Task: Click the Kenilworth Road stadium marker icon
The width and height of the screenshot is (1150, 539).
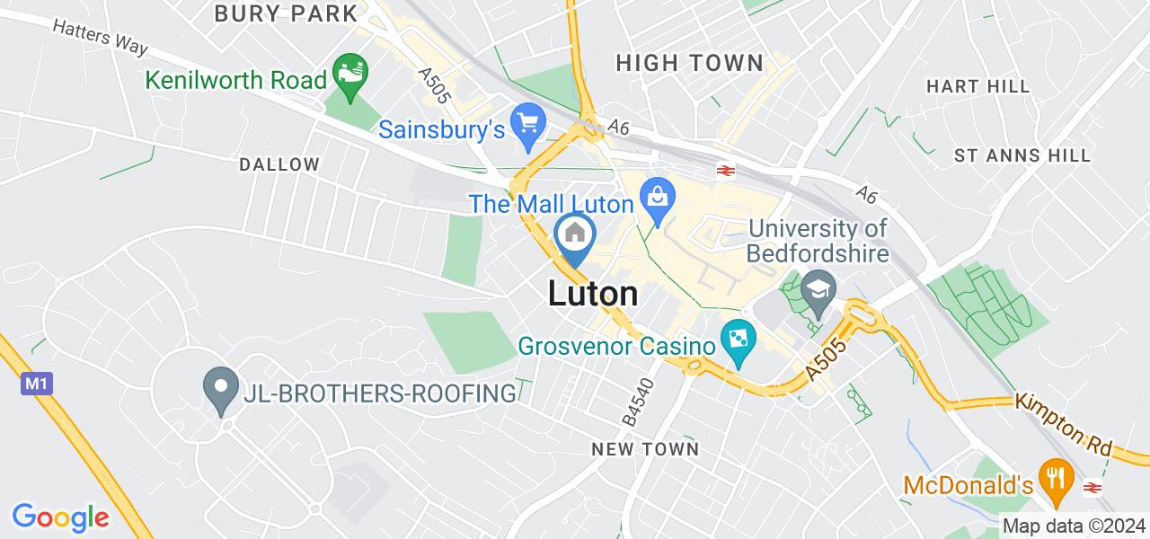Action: [x=348, y=69]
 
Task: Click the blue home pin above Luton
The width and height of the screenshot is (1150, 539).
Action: [x=575, y=234]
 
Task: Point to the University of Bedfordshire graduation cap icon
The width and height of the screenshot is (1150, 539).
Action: [x=818, y=289]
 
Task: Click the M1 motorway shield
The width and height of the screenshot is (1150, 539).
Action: [x=35, y=384]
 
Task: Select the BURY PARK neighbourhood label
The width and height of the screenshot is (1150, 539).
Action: [x=286, y=13]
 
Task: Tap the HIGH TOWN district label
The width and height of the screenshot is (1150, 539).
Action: [x=690, y=63]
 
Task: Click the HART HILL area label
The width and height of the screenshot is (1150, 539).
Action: [x=977, y=86]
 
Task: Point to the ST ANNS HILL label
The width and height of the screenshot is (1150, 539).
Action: [x=1022, y=155]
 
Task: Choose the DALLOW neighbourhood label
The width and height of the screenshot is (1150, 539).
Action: [x=279, y=164]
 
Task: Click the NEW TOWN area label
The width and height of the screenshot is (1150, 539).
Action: [x=645, y=448]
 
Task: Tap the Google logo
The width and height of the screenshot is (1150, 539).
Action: [x=60, y=517]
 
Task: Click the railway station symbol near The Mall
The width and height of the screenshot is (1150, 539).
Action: [x=723, y=169]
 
